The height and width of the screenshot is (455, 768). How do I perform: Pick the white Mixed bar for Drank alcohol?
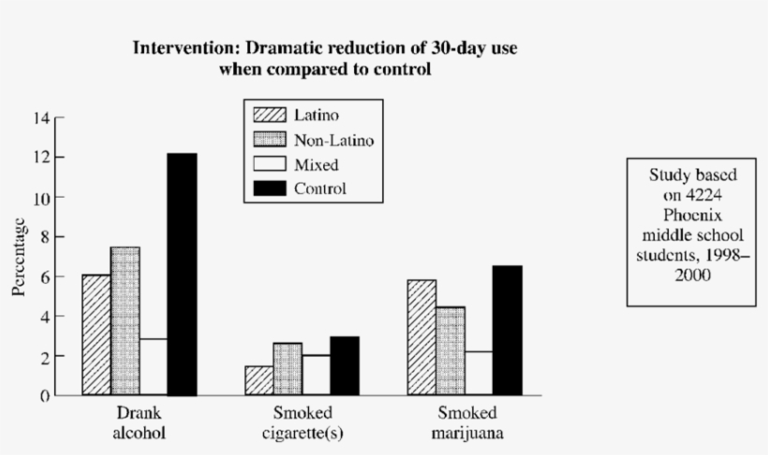click(154, 366)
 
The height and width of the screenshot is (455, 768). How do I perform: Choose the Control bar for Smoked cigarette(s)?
click(344, 366)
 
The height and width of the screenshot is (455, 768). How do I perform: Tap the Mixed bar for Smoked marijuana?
click(478, 373)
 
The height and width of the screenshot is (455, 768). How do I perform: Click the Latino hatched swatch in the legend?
click(269, 115)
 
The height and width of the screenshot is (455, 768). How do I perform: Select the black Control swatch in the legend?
click(269, 188)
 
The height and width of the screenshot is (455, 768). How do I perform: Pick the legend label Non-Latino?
click(333, 139)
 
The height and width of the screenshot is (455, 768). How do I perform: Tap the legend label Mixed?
click(316, 164)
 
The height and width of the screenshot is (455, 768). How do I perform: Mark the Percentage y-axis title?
click(19, 257)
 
